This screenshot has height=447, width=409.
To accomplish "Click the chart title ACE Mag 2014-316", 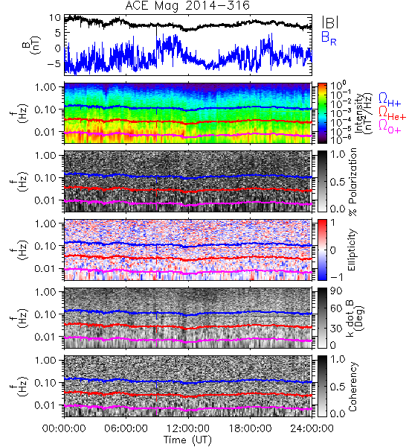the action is [x=187, y=6].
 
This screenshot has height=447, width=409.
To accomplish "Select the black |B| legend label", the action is [x=330, y=22].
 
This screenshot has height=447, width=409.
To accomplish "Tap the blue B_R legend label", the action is [x=329, y=38].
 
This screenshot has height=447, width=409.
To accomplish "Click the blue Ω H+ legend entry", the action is [x=390, y=100].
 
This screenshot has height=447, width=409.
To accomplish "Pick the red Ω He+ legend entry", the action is [x=392, y=113].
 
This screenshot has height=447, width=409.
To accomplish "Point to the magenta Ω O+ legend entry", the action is [x=390, y=127].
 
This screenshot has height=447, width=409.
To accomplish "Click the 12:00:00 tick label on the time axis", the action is [x=188, y=428].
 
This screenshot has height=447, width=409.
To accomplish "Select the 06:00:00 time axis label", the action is [x=126, y=428].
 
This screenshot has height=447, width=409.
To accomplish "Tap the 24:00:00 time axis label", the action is [x=312, y=428].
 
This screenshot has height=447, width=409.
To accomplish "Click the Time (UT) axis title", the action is [x=187, y=440].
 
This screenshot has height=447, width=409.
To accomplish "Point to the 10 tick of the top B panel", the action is [x=55, y=18].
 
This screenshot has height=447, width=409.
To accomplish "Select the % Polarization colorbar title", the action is [x=352, y=182].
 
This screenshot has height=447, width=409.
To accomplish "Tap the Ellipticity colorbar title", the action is [x=352, y=250].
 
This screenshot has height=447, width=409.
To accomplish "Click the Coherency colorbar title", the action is [x=352, y=387].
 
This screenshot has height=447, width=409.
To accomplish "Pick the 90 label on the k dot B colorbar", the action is [x=336, y=291].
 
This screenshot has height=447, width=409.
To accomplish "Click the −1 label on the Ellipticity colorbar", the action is [x=336, y=277].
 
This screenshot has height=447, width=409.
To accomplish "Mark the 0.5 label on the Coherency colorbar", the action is [x=338, y=387].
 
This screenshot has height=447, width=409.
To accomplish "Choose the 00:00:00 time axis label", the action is [x=64, y=428].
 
